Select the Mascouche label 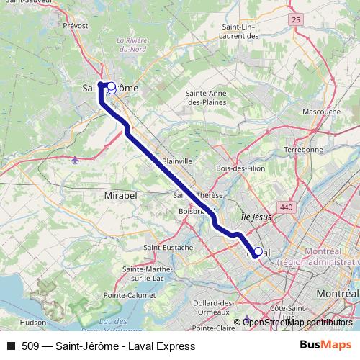(321, 112)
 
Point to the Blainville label (177, 161)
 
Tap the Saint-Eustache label (168, 248)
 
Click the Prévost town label (76, 25)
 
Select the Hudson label (33, 323)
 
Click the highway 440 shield (287, 207)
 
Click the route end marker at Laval (258, 252)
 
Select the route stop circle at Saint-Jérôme (112, 86)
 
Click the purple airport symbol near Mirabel (77, 160)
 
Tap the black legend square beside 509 (11, 346)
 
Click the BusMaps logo (320, 346)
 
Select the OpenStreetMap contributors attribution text (297, 322)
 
